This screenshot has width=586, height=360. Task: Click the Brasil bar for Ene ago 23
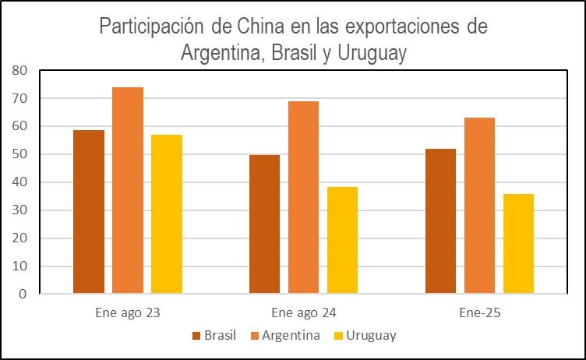89,212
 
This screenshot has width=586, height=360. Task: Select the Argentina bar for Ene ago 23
128,191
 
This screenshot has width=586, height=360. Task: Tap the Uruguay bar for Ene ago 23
167,214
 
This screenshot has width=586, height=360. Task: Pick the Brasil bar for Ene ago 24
264,224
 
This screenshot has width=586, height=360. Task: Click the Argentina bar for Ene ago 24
303,198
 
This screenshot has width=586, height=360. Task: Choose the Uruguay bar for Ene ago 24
342,241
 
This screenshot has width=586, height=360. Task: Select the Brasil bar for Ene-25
440,221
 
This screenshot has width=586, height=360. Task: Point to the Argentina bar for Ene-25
479,206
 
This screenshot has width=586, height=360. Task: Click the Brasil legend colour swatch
196,336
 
